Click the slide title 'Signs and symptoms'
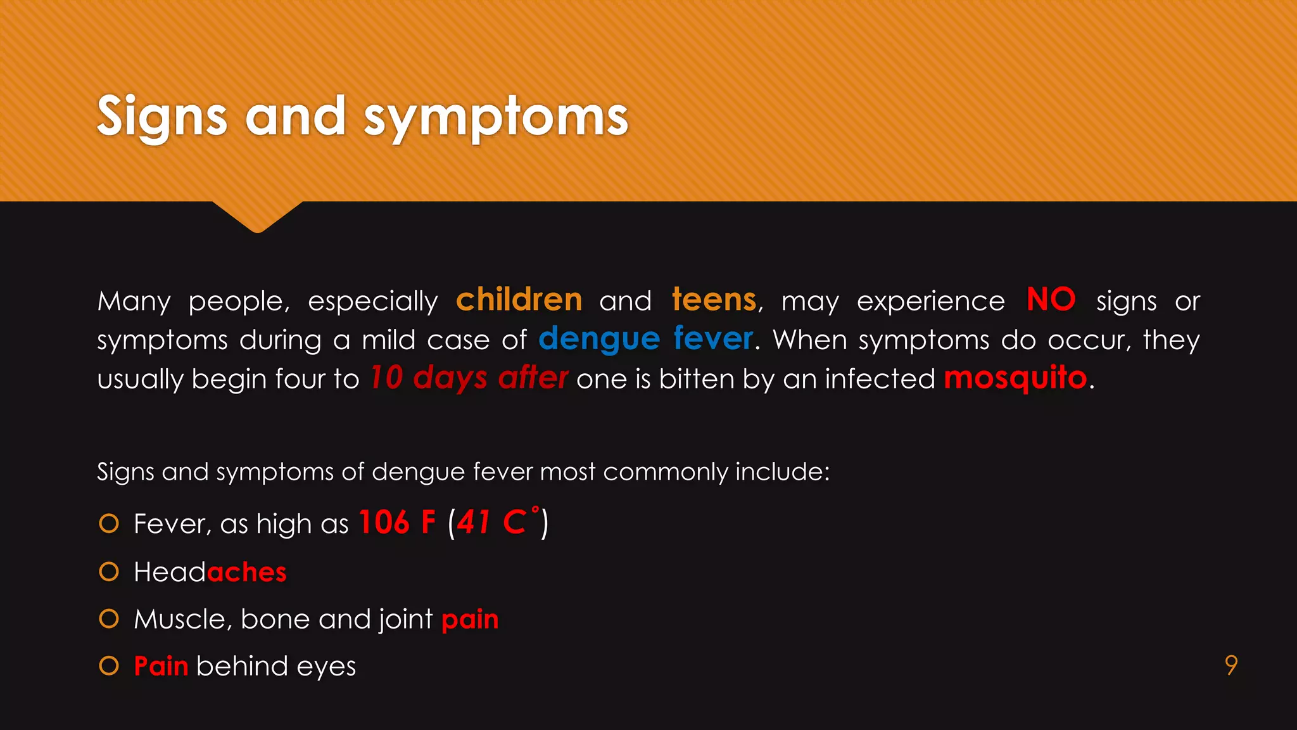362,117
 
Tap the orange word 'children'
519,300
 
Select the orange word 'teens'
714,300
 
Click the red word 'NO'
1051,299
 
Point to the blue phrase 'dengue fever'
645,339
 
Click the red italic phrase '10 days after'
469,378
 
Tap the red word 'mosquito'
1015,378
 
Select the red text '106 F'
397,523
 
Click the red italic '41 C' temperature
491,523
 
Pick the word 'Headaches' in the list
210,572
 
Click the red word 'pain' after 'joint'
470,620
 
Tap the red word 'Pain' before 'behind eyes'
161,666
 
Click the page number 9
1231,665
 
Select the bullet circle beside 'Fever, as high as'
109,524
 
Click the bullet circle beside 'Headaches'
109,572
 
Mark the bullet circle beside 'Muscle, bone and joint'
109,619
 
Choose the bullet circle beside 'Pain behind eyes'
109,666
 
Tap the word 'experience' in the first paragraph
930,302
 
